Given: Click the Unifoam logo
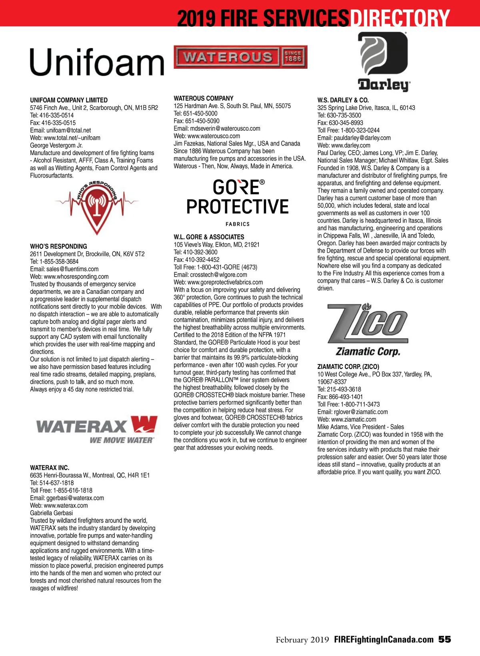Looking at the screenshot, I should (x=97, y=62).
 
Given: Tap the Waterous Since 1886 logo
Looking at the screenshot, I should (x=240, y=57).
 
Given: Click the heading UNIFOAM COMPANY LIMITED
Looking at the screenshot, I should (x=69, y=100).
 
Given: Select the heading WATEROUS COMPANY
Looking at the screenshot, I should (x=204, y=98).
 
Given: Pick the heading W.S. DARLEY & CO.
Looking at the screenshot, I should (x=343, y=100).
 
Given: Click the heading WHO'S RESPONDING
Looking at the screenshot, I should (x=58, y=247).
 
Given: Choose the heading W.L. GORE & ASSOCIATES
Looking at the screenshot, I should (x=209, y=237).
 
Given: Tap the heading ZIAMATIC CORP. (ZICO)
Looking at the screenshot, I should (x=348, y=367).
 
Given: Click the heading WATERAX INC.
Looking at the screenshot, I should (x=50, y=468).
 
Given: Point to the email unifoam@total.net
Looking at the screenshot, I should (x=68, y=130).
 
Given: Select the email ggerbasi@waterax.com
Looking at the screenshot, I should (x=75, y=498).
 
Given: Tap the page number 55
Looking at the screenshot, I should (x=444, y=639).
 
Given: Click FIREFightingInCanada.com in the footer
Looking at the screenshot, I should (x=384, y=639).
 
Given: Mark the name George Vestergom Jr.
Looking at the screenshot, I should (x=56, y=146).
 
